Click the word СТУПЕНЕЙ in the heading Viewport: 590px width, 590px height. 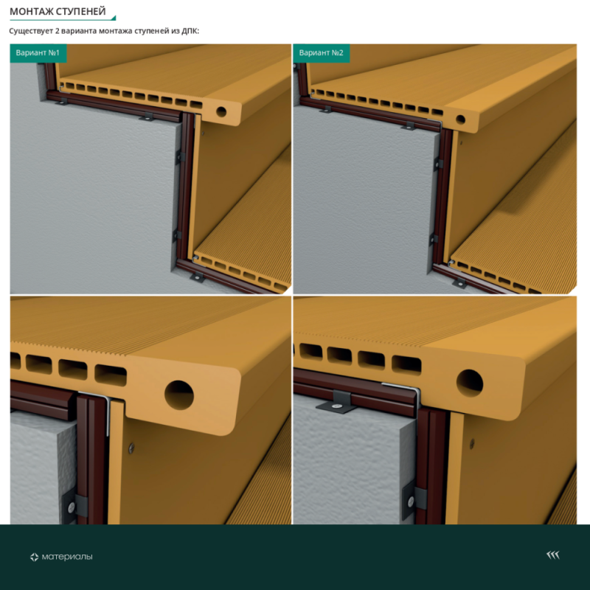click(81, 12)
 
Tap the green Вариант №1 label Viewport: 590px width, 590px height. click(38, 52)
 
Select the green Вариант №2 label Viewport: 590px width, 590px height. click(322, 52)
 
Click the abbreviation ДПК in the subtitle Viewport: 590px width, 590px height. click(190, 31)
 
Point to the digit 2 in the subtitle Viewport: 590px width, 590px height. click(58, 31)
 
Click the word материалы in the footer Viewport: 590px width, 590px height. click(67, 557)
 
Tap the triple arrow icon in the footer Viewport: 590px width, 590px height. click(553, 555)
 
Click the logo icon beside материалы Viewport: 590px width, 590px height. click(34, 557)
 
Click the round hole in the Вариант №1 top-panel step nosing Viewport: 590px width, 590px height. click(221, 111)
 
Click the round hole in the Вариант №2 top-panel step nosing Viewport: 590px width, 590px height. click(460, 119)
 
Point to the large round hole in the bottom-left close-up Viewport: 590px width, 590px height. click(179, 395)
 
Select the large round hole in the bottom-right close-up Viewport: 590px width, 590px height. click(470, 383)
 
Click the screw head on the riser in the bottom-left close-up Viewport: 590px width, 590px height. click(131, 448)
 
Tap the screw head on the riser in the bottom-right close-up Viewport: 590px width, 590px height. click(472, 444)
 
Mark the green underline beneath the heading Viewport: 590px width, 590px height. click(63, 19)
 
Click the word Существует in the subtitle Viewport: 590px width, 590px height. click(31, 31)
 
